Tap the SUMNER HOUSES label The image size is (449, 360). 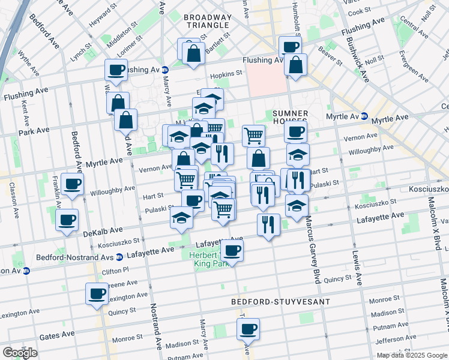pyautogui.click(x=290, y=118)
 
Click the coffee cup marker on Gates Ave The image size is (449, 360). pyautogui.click(x=248, y=329)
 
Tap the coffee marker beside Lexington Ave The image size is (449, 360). pyautogui.click(x=97, y=295)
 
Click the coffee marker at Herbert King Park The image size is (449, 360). pyautogui.click(x=232, y=250)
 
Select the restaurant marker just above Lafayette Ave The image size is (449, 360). pyautogui.click(x=268, y=224)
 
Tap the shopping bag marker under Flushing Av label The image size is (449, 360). pyautogui.click(x=295, y=65)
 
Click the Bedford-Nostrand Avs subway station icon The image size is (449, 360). pyautogui.click(x=119, y=257)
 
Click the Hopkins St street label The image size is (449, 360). pyautogui.click(x=226, y=74)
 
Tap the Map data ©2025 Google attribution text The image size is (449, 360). pyautogui.click(x=411, y=355)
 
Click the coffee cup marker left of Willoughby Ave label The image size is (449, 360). pyautogui.click(x=72, y=184)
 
